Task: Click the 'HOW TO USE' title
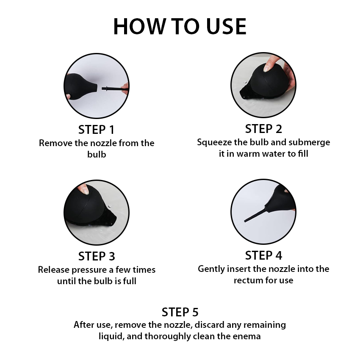(x=180, y=26)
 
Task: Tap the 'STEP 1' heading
(x=96, y=130)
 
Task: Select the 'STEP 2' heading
(x=263, y=129)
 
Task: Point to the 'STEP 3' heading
(x=97, y=256)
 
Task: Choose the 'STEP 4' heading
(x=263, y=255)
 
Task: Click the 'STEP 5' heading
(x=180, y=312)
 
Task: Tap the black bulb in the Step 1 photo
(x=80, y=86)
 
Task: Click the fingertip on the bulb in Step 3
(x=84, y=190)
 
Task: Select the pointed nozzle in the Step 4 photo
(x=255, y=215)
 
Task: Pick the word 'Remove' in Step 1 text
(x=55, y=143)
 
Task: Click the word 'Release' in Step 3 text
(x=53, y=270)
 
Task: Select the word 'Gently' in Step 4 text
(x=211, y=269)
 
